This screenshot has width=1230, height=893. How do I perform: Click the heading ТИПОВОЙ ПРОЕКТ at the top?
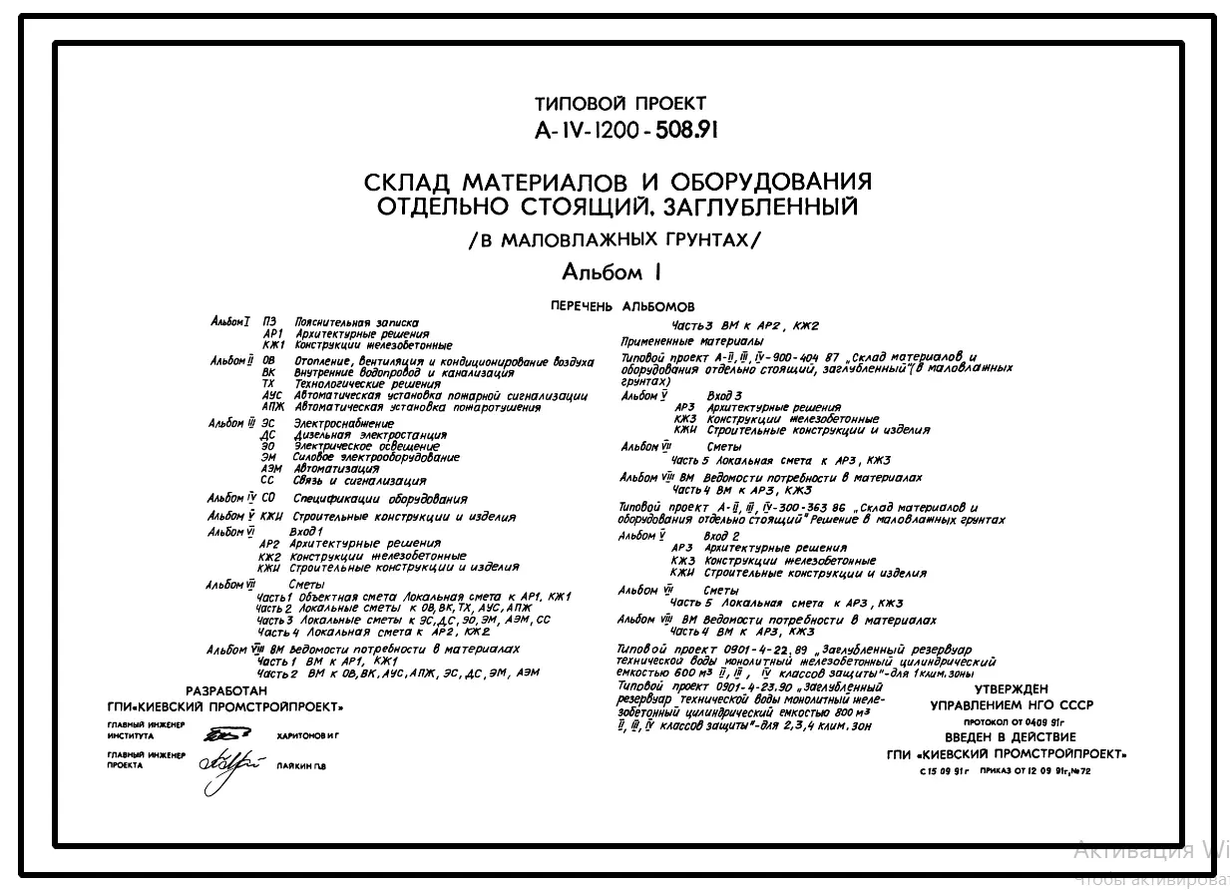coord(619,104)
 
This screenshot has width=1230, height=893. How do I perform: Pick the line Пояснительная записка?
coord(356,322)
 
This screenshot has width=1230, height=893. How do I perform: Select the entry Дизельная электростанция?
coord(370,436)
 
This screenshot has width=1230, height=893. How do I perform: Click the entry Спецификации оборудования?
coord(380,499)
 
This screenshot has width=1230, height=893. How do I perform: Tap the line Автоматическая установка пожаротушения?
coord(418,407)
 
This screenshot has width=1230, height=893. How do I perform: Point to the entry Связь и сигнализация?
coord(354,480)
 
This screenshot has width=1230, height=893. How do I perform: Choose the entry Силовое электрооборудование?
coord(376,458)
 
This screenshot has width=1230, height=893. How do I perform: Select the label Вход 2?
coord(721,536)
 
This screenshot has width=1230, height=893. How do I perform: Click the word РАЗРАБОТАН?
coord(227,690)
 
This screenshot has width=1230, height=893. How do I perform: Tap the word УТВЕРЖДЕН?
coord(1011,688)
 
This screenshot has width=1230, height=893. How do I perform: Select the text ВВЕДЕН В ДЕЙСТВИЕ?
coord(1010,737)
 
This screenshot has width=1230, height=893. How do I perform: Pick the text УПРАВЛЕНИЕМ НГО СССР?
coord(1011,704)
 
